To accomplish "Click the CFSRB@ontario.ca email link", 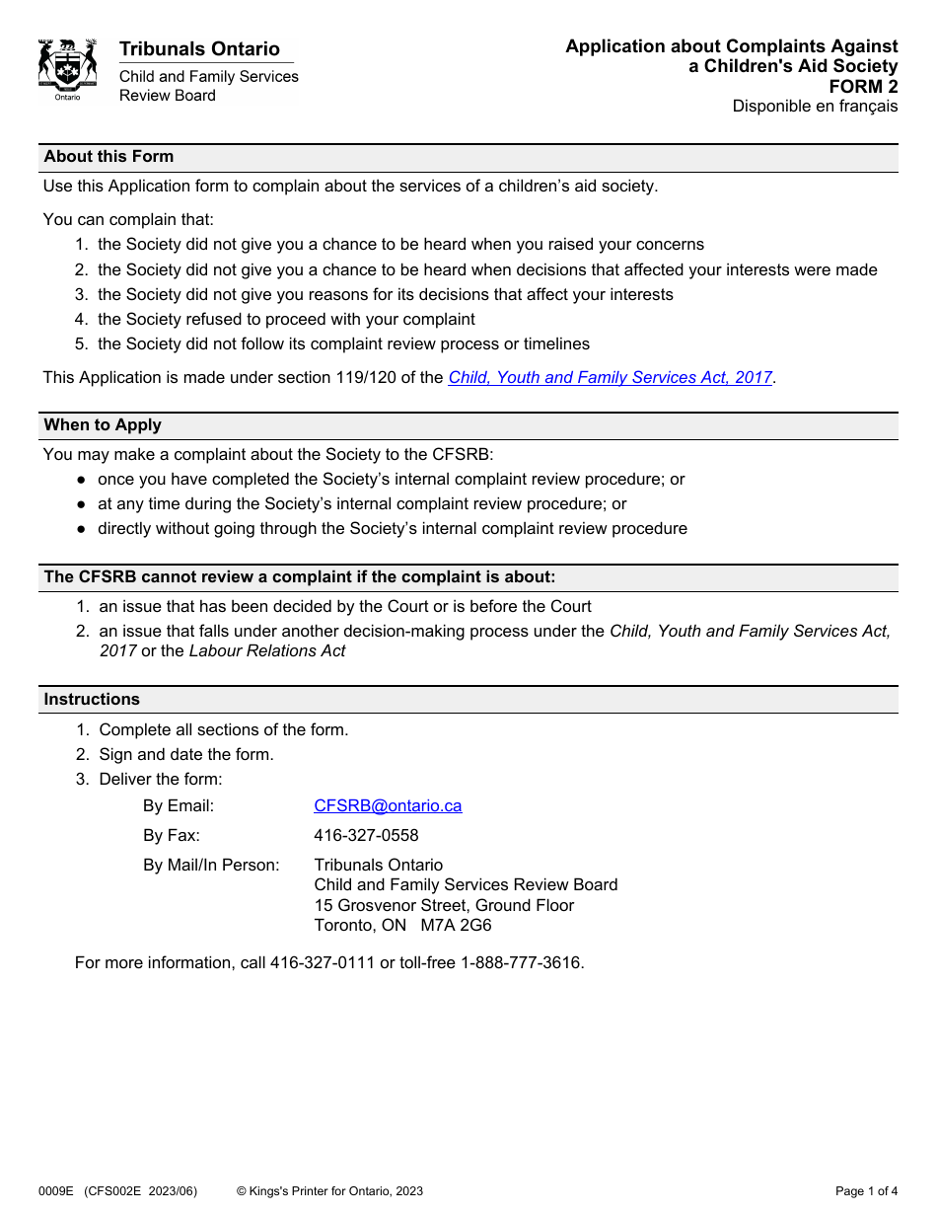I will [388, 805].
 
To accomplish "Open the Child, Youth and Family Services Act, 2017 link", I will [610, 377].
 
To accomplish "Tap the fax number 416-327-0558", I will [366, 836].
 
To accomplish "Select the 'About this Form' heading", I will [108, 157].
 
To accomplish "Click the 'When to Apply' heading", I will [103, 425].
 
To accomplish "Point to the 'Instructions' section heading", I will [92, 700].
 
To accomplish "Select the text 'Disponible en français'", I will [815, 107].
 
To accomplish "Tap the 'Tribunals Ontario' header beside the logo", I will [199, 49].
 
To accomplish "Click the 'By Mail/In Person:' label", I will [211, 866].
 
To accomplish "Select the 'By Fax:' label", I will [172, 836].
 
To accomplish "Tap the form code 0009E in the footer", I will [56, 1191].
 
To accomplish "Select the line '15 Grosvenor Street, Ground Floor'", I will [444, 906].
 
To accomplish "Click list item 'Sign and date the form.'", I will [186, 755].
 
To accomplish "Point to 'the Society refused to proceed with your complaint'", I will [286, 320].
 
